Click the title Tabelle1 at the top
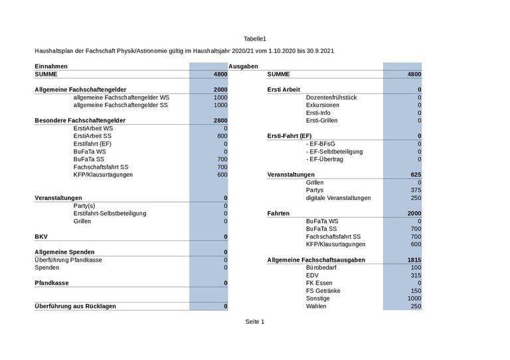[255, 39]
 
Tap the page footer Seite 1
[255, 321]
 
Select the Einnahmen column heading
[51, 66]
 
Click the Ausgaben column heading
[243, 66]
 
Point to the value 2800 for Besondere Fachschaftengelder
[220, 120]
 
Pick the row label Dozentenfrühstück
[331, 98]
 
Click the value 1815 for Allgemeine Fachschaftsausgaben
[413, 260]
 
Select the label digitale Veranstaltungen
[338, 198]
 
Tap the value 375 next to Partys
[416, 190]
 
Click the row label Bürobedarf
[322, 268]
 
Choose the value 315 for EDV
[416, 276]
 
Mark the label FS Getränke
[323, 291]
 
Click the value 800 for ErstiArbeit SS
[222, 136]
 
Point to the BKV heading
[41, 236]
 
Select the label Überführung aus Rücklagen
[75, 306]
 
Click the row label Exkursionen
[322, 105]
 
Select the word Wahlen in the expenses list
[316, 306]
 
